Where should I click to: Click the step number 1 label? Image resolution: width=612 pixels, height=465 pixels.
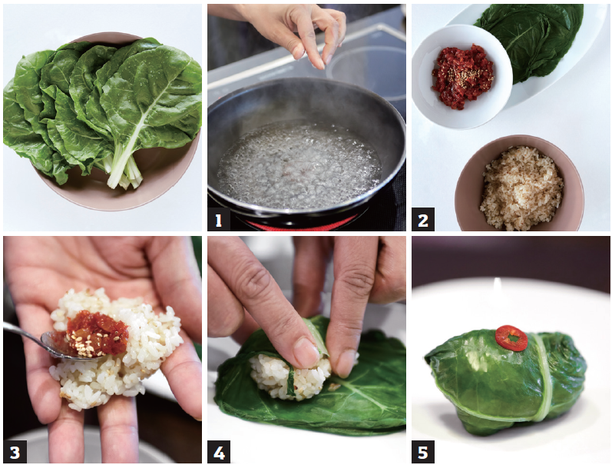point(219,221)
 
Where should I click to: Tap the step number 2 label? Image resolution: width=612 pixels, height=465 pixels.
point(422,219)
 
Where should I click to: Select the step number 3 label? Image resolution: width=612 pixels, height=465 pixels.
point(15,452)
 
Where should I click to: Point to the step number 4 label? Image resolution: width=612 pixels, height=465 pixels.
point(219,452)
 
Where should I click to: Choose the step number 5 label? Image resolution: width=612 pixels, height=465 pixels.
point(423,452)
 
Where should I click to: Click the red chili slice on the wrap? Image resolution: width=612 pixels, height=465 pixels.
point(511,338)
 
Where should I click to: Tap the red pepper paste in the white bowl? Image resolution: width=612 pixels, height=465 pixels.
point(462,75)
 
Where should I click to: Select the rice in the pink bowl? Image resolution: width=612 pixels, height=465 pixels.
point(521,188)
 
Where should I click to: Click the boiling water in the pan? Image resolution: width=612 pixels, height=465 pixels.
point(299,164)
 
